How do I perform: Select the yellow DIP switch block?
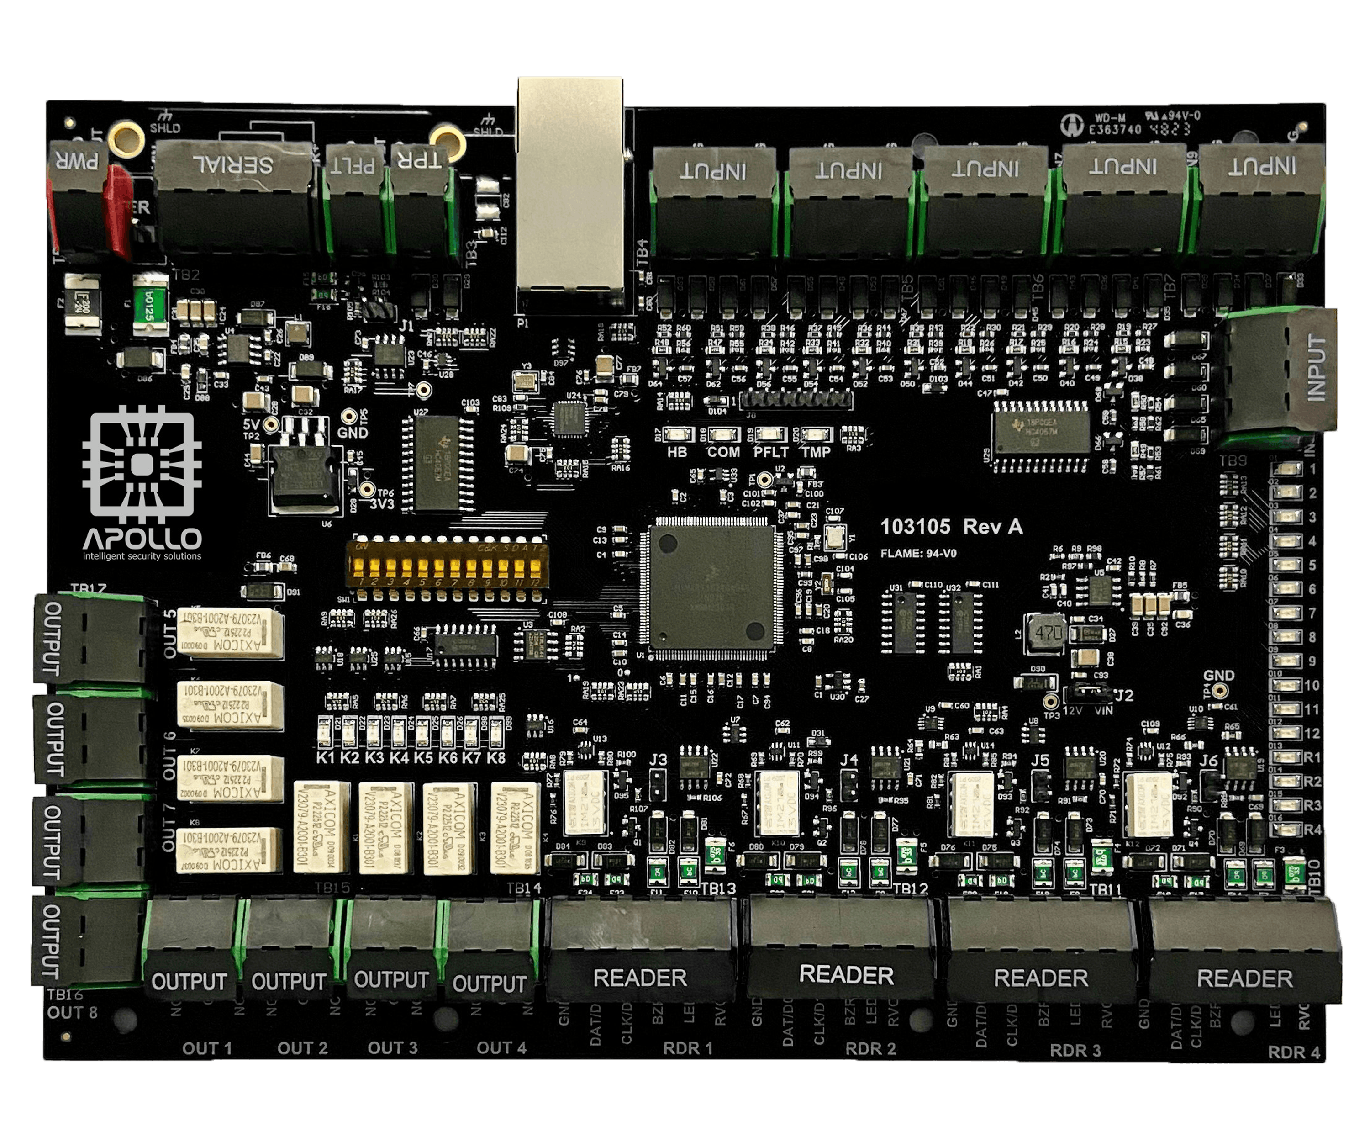tap(447, 565)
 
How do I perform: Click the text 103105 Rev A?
tap(951, 527)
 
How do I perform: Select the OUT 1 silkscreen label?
tap(207, 1049)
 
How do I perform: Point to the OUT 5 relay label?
tap(169, 634)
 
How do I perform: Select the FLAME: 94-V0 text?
tap(918, 554)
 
